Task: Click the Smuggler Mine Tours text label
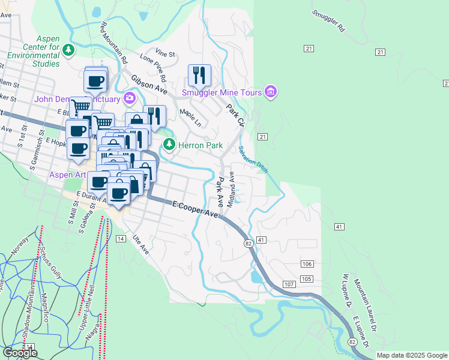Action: [x=222, y=92]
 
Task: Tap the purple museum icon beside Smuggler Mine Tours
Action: [x=271, y=92]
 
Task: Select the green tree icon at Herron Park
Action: [x=170, y=145]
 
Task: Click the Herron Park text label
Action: [x=201, y=145]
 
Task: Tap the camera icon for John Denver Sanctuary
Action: [x=128, y=98]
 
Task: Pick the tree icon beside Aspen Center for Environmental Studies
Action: [x=69, y=50]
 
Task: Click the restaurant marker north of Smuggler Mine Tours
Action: [x=199, y=76]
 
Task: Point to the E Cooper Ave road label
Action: [x=194, y=209]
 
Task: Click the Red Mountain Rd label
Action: [x=113, y=43]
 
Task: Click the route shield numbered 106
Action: [x=307, y=264]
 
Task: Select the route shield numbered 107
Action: [x=288, y=284]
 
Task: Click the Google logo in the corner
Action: [x=20, y=353]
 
